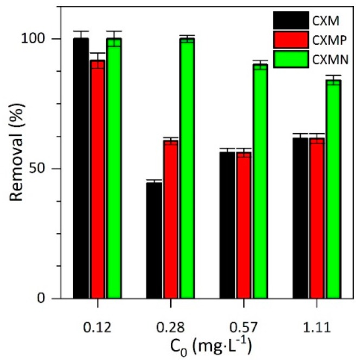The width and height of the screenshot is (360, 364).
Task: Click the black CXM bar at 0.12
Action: pyautogui.click(x=81, y=168)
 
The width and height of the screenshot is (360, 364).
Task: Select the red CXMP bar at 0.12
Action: pyautogui.click(x=98, y=179)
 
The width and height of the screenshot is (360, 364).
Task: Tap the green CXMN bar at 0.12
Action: pyautogui.click(x=114, y=168)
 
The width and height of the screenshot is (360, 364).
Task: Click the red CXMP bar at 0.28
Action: pyautogui.click(x=171, y=219)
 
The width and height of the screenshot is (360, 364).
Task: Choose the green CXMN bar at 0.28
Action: pyautogui.click(x=187, y=168)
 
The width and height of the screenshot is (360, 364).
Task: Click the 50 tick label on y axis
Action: pyautogui.click(x=48, y=168)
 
